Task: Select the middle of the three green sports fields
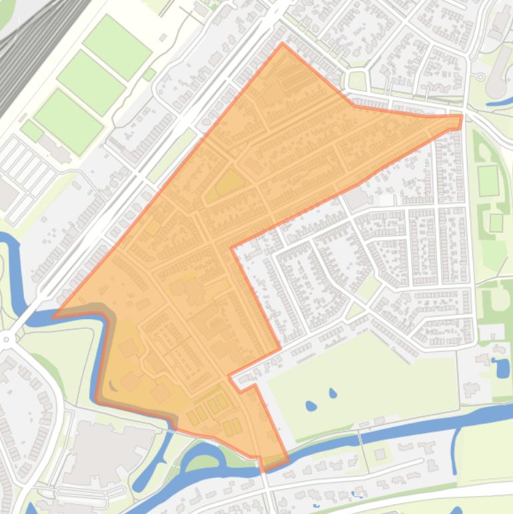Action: (91, 83)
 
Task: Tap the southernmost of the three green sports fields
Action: (68, 121)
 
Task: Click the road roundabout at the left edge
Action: (6, 339)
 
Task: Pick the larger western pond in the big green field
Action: (310, 405)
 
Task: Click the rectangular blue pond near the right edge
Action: (500, 367)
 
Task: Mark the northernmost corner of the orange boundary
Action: (283, 44)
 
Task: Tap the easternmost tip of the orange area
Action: (461, 121)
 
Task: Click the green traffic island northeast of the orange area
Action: (358, 81)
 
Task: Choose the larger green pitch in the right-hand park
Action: (488, 181)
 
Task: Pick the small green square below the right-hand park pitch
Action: (496, 222)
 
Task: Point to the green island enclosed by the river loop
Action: (204, 461)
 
